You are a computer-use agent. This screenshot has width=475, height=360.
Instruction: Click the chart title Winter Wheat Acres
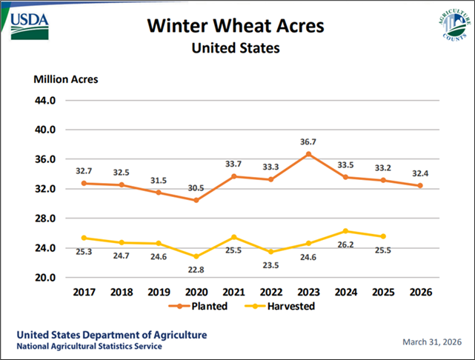236,27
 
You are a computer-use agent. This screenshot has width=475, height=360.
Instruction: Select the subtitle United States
236,49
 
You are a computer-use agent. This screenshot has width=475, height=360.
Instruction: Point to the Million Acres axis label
65,79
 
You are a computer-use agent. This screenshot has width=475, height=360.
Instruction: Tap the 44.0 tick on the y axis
45,100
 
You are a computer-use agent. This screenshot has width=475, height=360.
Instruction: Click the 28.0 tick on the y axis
45,219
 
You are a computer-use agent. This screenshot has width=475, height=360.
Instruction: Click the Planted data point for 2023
308,154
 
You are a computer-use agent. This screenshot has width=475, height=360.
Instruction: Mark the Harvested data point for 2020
196,256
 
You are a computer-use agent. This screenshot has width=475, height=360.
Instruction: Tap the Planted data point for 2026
420,186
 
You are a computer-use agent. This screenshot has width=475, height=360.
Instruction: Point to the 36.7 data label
308,141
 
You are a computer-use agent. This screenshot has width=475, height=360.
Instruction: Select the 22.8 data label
196,270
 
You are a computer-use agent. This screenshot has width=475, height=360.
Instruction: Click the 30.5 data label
196,187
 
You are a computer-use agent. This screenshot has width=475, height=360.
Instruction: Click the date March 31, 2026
432,341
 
